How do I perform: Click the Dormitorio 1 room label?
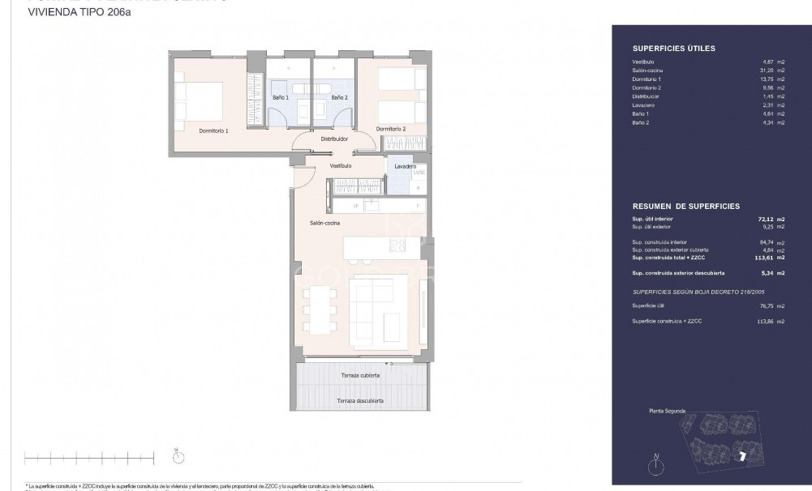(214, 130)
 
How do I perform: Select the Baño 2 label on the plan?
(339, 97)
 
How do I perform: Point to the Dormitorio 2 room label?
(391, 129)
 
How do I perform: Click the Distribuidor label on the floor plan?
(334, 139)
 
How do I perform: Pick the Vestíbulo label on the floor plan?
(341, 165)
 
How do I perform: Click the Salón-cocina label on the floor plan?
(324, 223)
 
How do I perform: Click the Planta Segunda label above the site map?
(668, 412)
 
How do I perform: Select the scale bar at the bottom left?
(89, 458)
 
